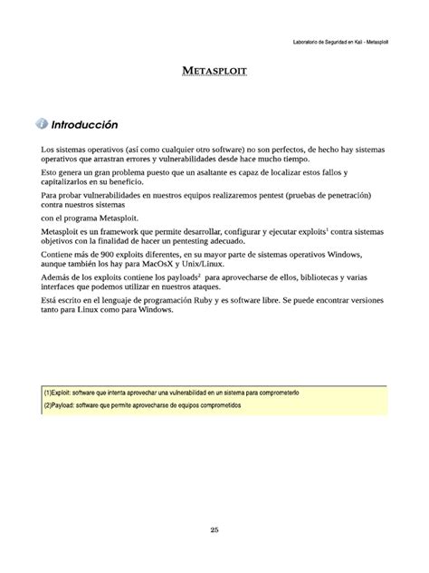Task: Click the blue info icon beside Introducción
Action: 41,123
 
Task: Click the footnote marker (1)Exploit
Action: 59,392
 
